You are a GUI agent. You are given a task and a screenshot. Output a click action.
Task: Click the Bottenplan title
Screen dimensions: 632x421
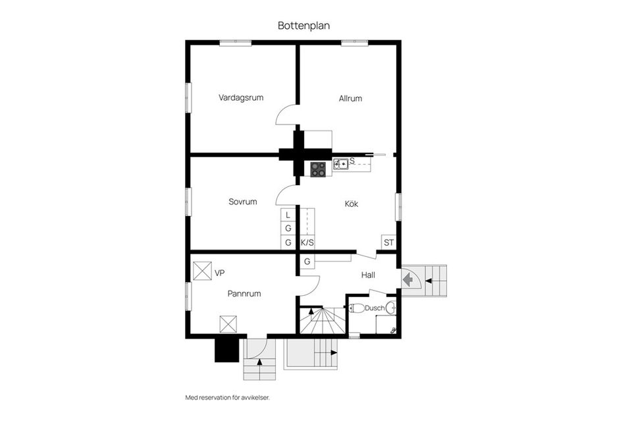(304, 26)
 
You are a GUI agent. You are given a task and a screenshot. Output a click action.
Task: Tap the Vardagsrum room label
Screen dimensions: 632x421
(241, 98)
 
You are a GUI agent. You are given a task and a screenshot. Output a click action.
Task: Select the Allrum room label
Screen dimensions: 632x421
(350, 98)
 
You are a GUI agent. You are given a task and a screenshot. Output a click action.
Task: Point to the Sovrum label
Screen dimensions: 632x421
(243, 202)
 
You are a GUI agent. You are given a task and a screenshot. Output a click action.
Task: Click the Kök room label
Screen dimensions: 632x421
(352, 204)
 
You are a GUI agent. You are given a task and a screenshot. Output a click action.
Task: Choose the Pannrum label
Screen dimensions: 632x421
(244, 294)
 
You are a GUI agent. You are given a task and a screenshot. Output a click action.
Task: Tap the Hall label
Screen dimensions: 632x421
(368, 275)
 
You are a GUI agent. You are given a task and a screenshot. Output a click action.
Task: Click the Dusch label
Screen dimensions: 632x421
(375, 308)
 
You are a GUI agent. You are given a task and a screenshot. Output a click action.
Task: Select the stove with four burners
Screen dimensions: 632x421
(318, 169)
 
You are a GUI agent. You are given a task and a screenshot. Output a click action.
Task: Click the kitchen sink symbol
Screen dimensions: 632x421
(341, 164)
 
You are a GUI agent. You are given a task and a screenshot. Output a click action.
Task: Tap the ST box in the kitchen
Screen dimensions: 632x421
(388, 242)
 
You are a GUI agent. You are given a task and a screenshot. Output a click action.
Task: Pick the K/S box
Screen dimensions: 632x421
(307, 242)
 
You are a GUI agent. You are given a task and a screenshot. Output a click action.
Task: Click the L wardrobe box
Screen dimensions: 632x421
(288, 215)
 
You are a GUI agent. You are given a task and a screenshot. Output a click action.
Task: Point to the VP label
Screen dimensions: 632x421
(220, 273)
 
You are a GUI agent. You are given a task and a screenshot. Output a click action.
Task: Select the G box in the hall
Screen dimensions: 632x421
(307, 262)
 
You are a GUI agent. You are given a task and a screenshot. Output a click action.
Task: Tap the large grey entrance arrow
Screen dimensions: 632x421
(408, 279)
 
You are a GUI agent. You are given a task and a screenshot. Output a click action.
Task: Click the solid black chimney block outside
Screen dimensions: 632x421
(226, 350)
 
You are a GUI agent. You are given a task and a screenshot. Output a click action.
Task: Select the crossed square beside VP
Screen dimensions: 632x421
(202, 271)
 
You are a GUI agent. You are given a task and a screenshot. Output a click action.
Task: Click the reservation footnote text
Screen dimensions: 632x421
(227, 398)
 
